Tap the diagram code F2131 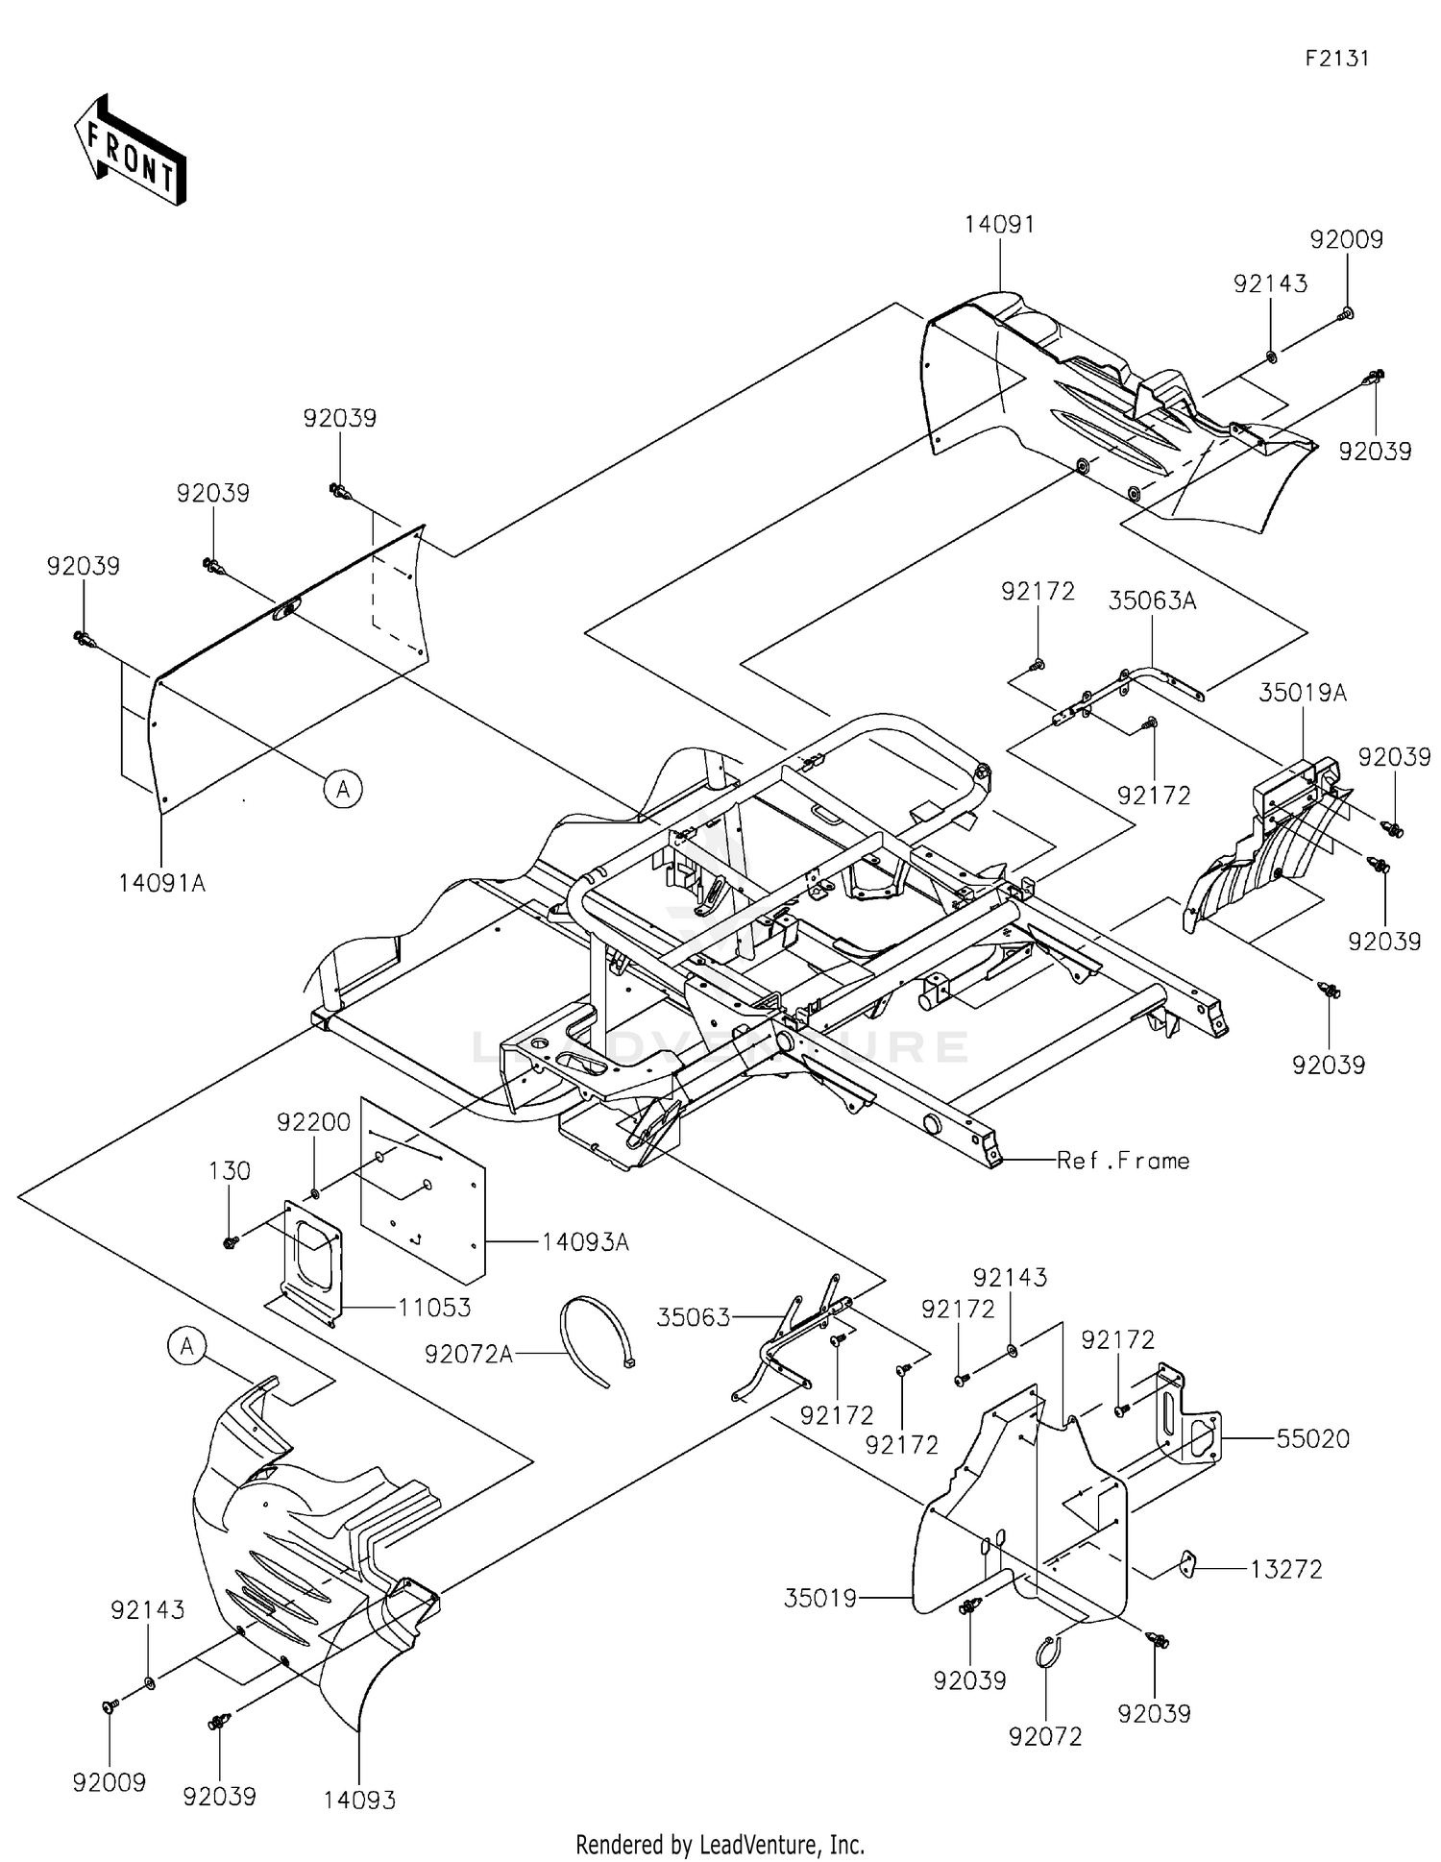[1336, 59]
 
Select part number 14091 [999, 225]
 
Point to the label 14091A [161, 883]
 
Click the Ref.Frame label [1123, 1161]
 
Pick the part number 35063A [1152, 601]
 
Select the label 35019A [1303, 693]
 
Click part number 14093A [584, 1242]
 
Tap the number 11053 [435, 1308]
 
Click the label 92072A [469, 1354]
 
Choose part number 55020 [1312, 1438]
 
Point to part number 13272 [1285, 1569]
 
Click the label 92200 [313, 1122]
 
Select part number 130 [230, 1171]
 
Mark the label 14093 [359, 1800]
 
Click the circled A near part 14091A [343, 790]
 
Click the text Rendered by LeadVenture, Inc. [720, 1844]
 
